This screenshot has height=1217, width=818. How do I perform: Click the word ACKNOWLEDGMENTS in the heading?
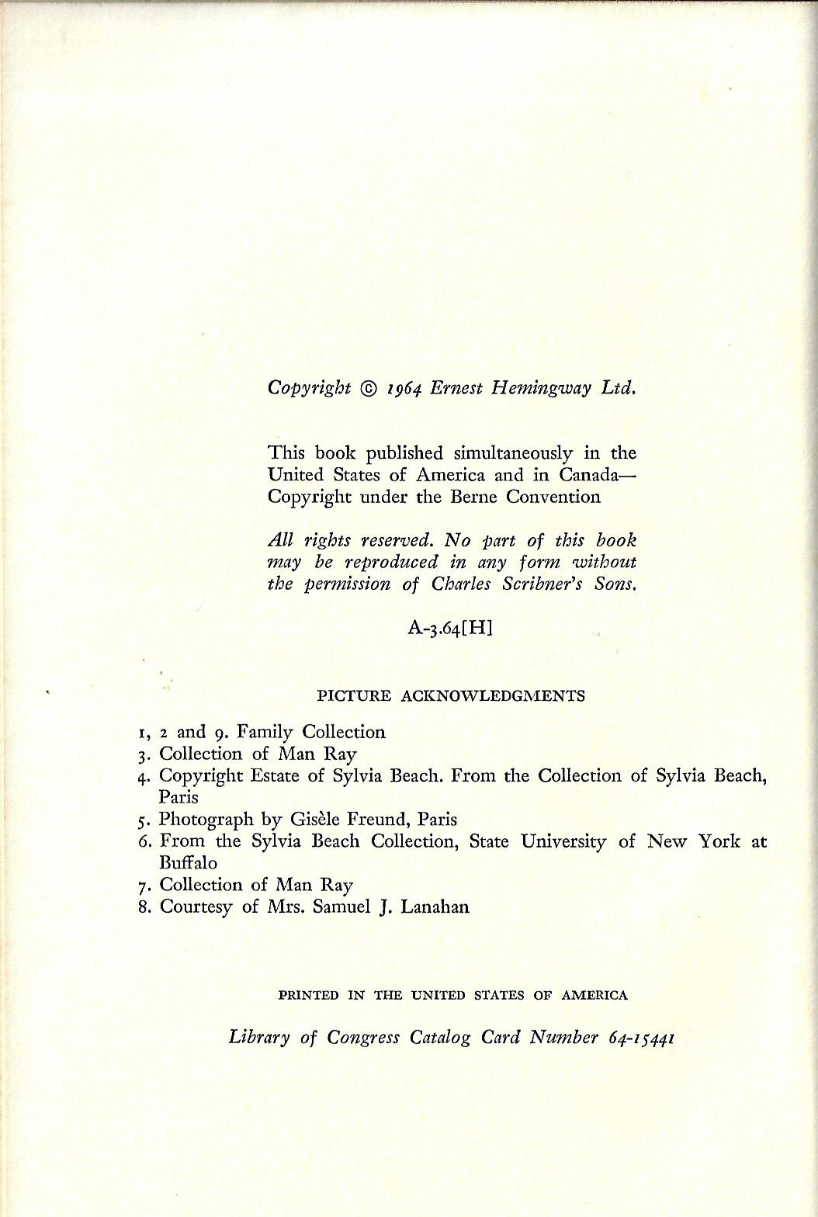492,695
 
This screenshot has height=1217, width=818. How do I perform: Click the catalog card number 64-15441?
640,1038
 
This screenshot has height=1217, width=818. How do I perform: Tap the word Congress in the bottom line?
363,1038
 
